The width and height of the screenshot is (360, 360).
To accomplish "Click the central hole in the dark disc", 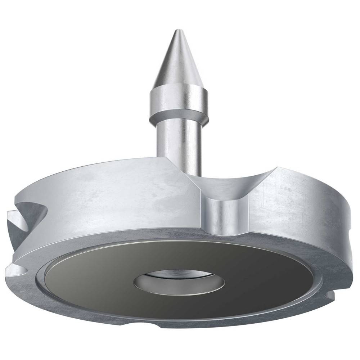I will [x=179, y=282].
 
